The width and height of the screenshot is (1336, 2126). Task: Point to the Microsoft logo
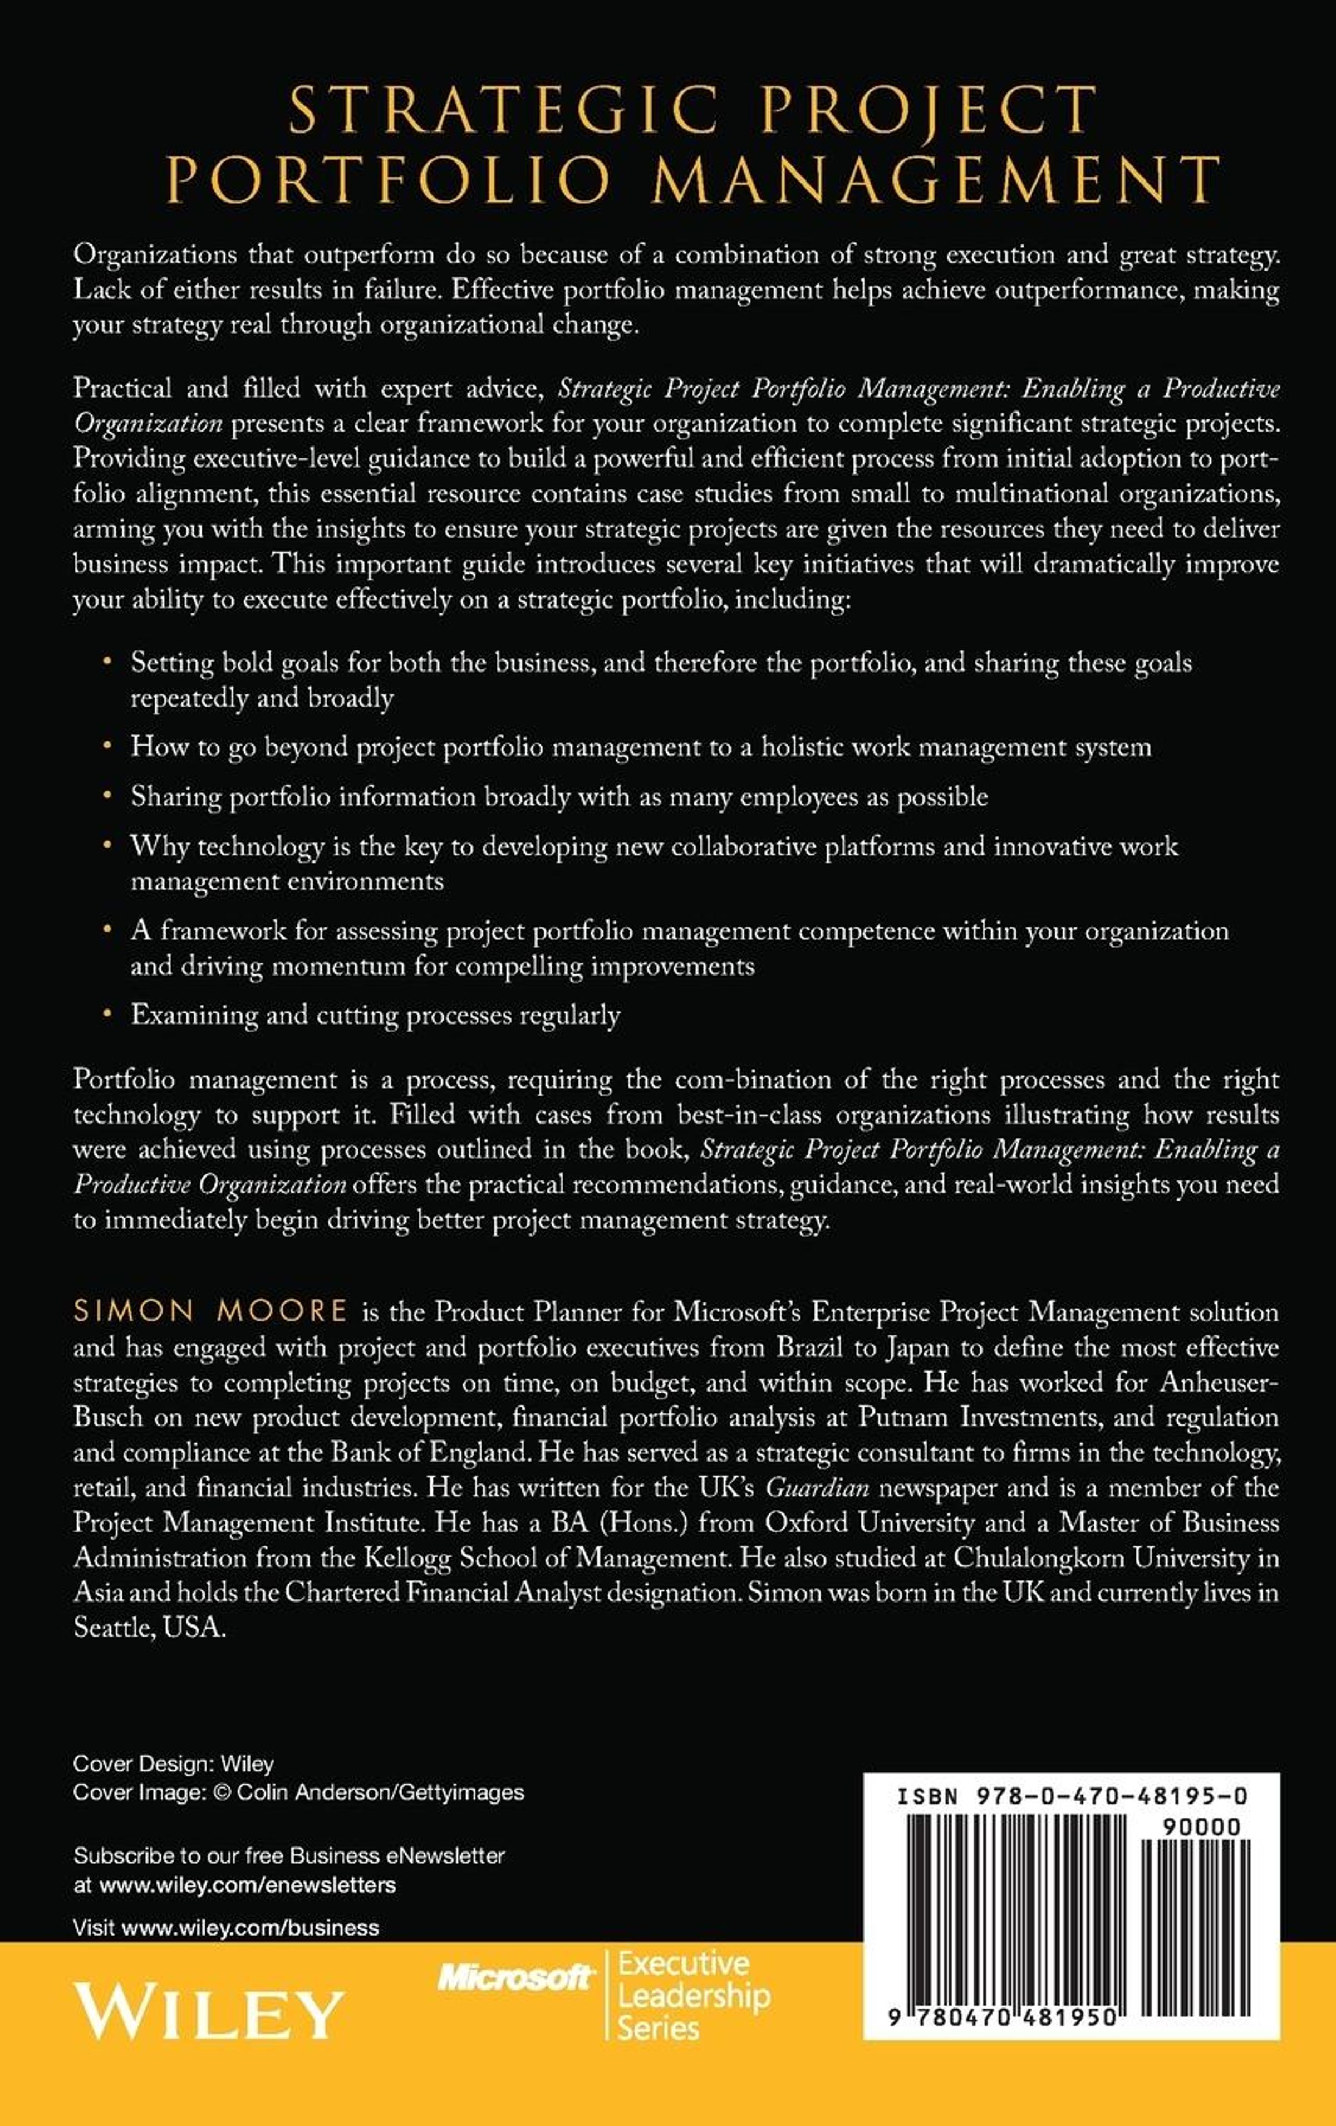[x=515, y=1978]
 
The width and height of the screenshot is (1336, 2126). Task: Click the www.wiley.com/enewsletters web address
[x=248, y=1885]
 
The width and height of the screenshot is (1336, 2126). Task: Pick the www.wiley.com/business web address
[x=250, y=1927]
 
